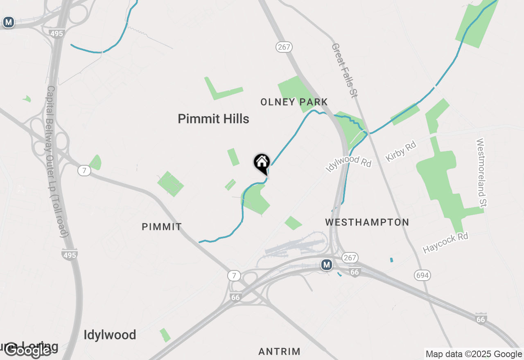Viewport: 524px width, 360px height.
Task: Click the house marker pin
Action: click(262, 163)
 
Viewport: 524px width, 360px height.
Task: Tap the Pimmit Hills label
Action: click(213, 119)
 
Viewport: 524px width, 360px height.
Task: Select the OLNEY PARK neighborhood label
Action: click(294, 102)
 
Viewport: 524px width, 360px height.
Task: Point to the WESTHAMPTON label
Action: click(367, 222)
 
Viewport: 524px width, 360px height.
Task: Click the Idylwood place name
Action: click(110, 335)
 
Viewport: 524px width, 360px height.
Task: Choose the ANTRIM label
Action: click(279, 351)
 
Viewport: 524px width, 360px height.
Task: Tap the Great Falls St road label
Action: click(344, 70)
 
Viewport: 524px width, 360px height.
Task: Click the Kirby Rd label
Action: click(401, 151)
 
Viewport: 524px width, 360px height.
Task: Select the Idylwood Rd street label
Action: click(348, 164)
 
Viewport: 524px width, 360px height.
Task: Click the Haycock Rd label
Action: click(445, 243)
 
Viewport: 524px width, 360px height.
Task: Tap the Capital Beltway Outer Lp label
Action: click(57, 161)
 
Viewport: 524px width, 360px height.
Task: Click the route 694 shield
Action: click(422, 275)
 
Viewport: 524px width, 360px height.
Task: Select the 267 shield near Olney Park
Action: click(283, 47)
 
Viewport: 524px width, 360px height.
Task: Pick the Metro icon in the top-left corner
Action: click(9, 22)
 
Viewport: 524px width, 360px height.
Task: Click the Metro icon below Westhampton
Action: click(326, 265)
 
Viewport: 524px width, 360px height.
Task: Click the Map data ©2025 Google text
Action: click(474, 354)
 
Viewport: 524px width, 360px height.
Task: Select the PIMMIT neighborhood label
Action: click(162, 227)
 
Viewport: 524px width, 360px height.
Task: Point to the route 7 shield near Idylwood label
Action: click(234, 276)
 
